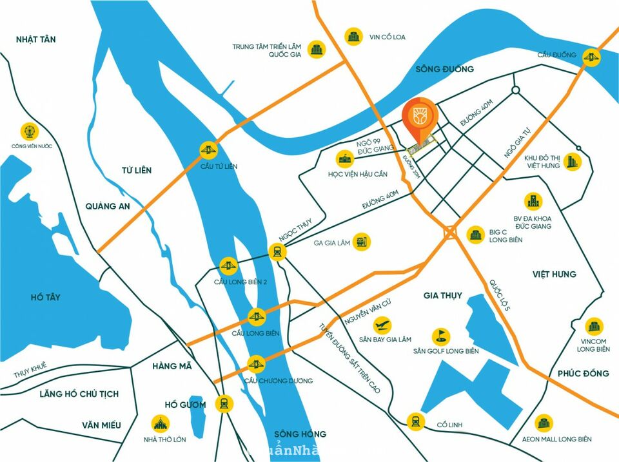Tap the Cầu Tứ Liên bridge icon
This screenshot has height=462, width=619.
pyautogui.click(x=208, y=150)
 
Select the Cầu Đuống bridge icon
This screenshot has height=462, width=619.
pyautogui.click(x=589, y=57)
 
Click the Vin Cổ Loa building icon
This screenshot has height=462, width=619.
pyautogui.click(x=353, y=36)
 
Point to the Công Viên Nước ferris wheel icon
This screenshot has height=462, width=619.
pyautogui.click(x=29, y=131)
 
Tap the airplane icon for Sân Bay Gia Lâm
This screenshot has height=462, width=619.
pyautogui.click(x=383, y=323)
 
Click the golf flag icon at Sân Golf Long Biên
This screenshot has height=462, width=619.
pyautogui.click(x=442, y=336)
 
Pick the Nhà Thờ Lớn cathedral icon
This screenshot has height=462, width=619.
pyautogui.click(x=160, y=424)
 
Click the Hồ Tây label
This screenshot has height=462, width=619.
pyautogui.click(x=45, y=297)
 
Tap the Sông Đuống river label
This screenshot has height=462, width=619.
pyautogui.click(x=444, y=69)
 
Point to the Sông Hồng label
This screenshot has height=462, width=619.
pyautogui.click(x=300, y=433)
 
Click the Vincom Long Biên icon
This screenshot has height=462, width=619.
pyautogui.click(x=593, y=326)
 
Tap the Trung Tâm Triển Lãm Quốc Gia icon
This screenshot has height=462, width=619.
pyautogui.click(x=316, y=49)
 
